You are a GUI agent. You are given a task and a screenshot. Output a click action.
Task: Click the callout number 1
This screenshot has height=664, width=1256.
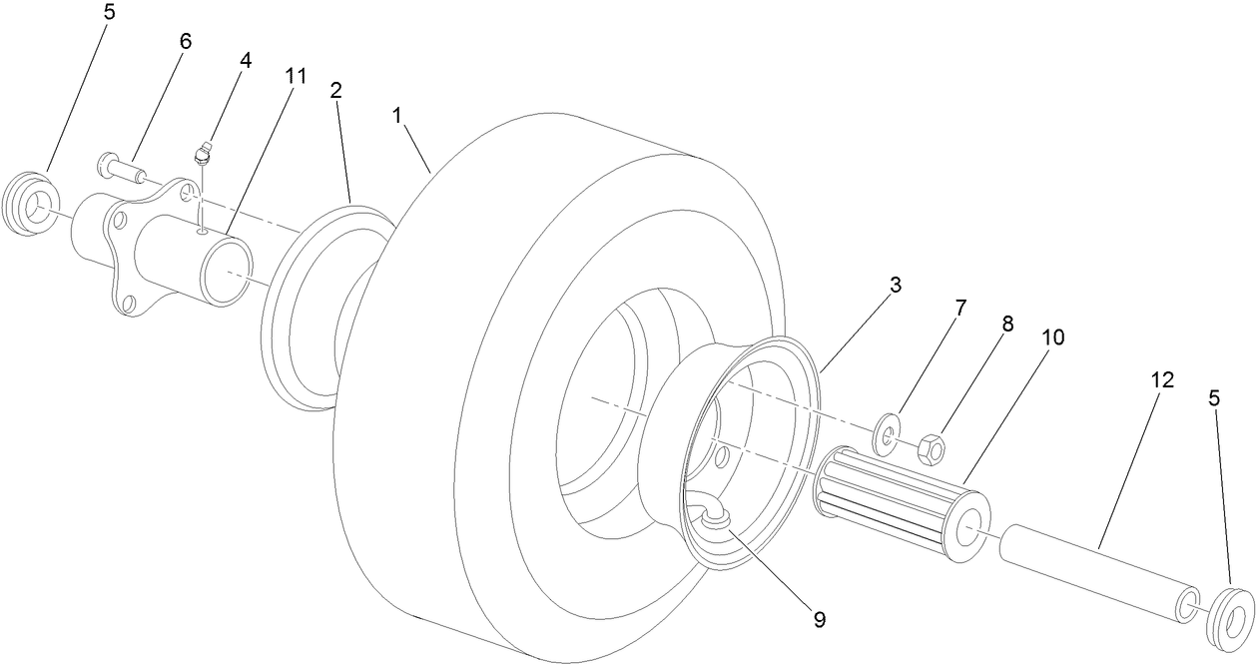(397, 116)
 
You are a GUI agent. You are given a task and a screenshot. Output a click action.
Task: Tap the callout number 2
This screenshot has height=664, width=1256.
(336, 90)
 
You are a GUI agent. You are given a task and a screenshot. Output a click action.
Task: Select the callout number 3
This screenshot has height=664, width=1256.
(896, 285)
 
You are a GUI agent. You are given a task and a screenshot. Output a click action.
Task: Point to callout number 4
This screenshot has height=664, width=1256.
(245, 60)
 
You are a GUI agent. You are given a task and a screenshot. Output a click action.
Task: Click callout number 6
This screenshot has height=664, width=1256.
(185, 42)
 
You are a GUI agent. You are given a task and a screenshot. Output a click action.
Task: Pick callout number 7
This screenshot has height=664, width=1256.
(960, 309)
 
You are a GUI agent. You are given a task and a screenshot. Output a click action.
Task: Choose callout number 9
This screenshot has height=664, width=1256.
(819, 619)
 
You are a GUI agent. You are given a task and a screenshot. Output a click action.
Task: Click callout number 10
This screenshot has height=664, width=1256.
(1052, 337)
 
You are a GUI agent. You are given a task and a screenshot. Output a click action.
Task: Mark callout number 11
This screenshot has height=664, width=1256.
(296, 77)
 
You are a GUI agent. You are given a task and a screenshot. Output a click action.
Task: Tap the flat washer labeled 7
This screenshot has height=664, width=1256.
(887, 435)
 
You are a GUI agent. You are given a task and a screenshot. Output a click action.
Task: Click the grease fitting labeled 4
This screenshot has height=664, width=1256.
(205, 153)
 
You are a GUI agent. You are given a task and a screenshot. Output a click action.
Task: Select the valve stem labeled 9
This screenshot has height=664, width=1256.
(712, 515)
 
